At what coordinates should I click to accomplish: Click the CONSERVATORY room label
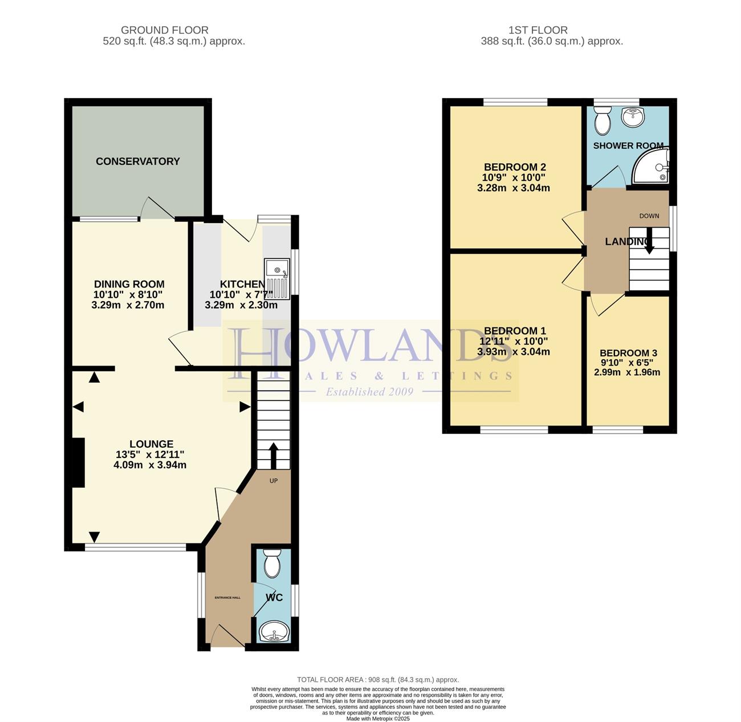pyautogui.click(x=137, y=161)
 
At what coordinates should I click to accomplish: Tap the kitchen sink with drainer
pyautogui.click(x=277, y=279)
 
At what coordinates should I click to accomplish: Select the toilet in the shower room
pyautogui.click(x=602, y=120)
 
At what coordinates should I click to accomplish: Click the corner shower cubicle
pyautogui.click(x=651, y=167)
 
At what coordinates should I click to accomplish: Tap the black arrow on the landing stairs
pyautogui.click(x=649, y=241)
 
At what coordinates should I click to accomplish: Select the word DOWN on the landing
pyautogui.click(x=649, y=216)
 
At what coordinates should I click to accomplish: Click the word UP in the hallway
pyautogui.click(x=274, y=481)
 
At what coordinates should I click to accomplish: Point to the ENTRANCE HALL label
pyautogui.click(x=227, y=598)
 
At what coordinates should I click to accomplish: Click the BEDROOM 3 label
pyautogui.click(x=628, y=353)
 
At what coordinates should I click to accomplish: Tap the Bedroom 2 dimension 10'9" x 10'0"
pyautogui.click(x=514, y=177)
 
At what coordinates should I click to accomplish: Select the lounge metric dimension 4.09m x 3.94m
pyautogui.click(x=150, y=465)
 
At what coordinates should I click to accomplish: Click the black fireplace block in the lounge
pyautogui.click(x=78, y=463)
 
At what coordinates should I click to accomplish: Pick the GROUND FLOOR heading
pyautogui.click(x=165, y=30)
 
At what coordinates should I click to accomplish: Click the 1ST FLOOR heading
pyautogui.click(x=538, y=30)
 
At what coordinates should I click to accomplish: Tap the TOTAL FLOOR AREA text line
pyautogui.click(x=378, y=680)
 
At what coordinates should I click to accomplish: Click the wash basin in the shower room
pyautogui.click(x=633, y=116)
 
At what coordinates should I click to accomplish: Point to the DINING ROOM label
pyautogui.click(x=129, y=284)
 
